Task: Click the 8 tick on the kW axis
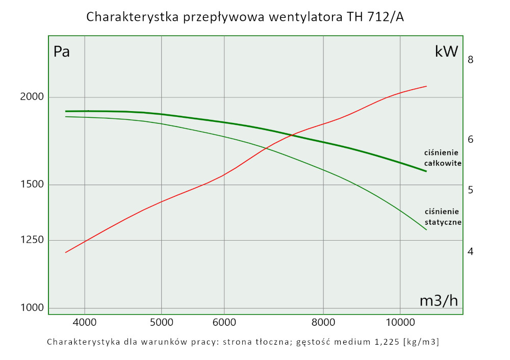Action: [x=471, y=60]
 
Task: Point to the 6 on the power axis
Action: [x=471, y=139]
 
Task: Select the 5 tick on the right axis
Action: [x=471, y=190]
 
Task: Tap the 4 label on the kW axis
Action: [x=471, y=251]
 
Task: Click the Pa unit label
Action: [x=62, y=52]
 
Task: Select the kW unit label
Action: [x=446, y=52]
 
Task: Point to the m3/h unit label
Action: [x=439, y=301]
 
